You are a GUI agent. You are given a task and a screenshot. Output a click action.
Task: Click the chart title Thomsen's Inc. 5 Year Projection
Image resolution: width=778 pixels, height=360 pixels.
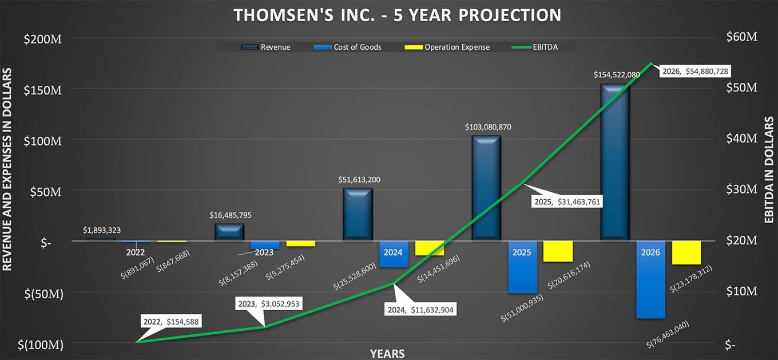(x=398, y=15)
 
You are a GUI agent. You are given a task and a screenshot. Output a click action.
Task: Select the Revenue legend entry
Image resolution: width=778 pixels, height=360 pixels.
(x=265, y=47)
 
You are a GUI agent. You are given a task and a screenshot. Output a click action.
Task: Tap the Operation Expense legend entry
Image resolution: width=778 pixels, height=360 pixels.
(x=447, y=47)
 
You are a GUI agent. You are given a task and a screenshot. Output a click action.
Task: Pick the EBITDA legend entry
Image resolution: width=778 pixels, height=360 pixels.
(x=535, y=47)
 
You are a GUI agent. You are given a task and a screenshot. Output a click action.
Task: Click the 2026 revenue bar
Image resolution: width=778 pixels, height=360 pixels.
(x=615, y=162)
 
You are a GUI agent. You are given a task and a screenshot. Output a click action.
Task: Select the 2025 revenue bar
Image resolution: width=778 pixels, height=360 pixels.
(x=486, y=188)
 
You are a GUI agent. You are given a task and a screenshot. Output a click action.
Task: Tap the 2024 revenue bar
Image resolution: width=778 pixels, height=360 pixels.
(x=358, y=214)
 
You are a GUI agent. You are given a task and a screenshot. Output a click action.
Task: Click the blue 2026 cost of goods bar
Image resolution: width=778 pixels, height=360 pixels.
(x=651, y=279)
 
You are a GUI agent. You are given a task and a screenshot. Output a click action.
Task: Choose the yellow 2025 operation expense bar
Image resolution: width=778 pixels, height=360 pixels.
(x=558, y=251)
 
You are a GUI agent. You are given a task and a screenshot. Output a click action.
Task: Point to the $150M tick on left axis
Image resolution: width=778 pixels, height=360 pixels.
(x=42, y=90)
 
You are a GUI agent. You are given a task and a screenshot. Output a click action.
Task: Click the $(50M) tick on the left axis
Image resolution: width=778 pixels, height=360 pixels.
(x=43, y=294)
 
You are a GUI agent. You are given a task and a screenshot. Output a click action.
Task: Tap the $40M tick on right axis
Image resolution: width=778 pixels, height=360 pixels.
(x=741, y=139)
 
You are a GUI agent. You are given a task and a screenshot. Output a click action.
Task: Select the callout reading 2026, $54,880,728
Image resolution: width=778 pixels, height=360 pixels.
(x=695, y=71)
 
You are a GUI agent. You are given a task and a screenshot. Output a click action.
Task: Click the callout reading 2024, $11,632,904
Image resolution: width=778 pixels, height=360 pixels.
(x=420, y=310)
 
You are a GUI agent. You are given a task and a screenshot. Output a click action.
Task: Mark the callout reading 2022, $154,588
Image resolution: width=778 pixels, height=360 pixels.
(x=171, y=322)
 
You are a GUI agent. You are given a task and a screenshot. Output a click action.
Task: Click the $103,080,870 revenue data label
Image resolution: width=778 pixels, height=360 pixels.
(x=488, y=127)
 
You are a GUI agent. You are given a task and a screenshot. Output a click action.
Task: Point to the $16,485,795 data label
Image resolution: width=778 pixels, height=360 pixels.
(x=231, y=215)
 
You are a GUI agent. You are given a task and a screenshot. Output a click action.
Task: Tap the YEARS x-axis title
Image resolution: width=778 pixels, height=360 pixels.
(x=387, y=354)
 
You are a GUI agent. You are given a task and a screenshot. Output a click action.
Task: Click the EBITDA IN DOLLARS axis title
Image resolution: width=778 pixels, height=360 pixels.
(x=769, y=169)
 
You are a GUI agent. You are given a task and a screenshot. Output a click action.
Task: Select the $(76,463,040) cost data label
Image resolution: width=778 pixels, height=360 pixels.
(x=668, y=334)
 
